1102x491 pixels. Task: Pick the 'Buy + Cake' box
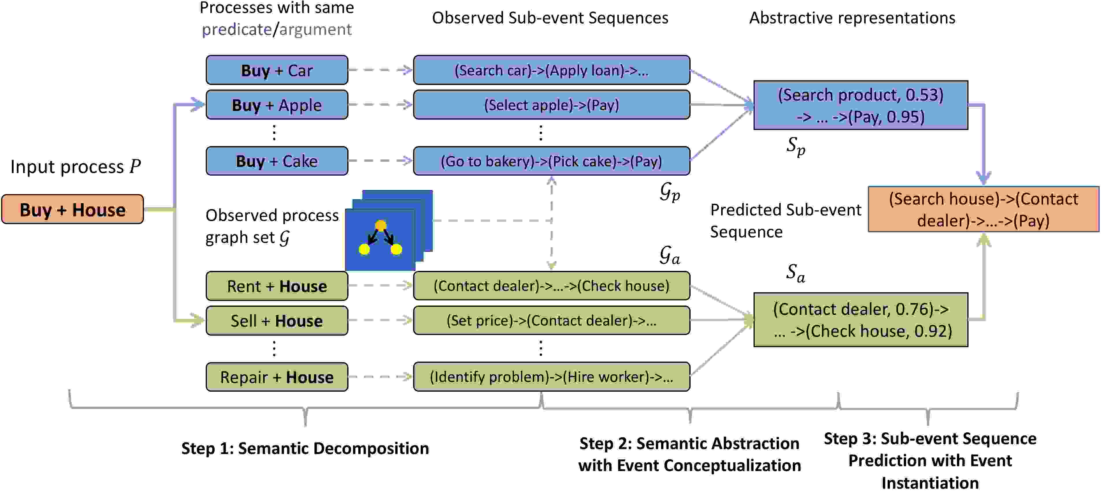[x=277, y=161]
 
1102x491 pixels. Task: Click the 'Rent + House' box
[x=277, y=286]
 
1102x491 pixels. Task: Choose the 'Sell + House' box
[x=277, y=320]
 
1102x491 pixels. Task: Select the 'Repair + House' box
[x=277, y=377]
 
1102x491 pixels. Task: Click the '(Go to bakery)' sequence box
[x=551, y=161]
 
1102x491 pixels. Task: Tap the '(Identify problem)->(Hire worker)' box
[x=551, y=377]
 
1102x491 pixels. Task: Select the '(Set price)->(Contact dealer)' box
[x=551, y=320]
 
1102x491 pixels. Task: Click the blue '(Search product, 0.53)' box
[x=861, y=105]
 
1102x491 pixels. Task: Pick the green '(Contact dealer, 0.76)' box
[x=861, y=319]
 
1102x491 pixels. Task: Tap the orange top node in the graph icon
[x=380, y=225]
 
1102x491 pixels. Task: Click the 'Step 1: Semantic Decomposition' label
[x=305, y=448]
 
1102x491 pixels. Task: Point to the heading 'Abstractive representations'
[x=852, y=18]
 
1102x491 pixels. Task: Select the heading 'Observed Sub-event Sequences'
[x=550, y=18]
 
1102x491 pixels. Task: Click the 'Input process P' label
[x=76, y=166]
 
